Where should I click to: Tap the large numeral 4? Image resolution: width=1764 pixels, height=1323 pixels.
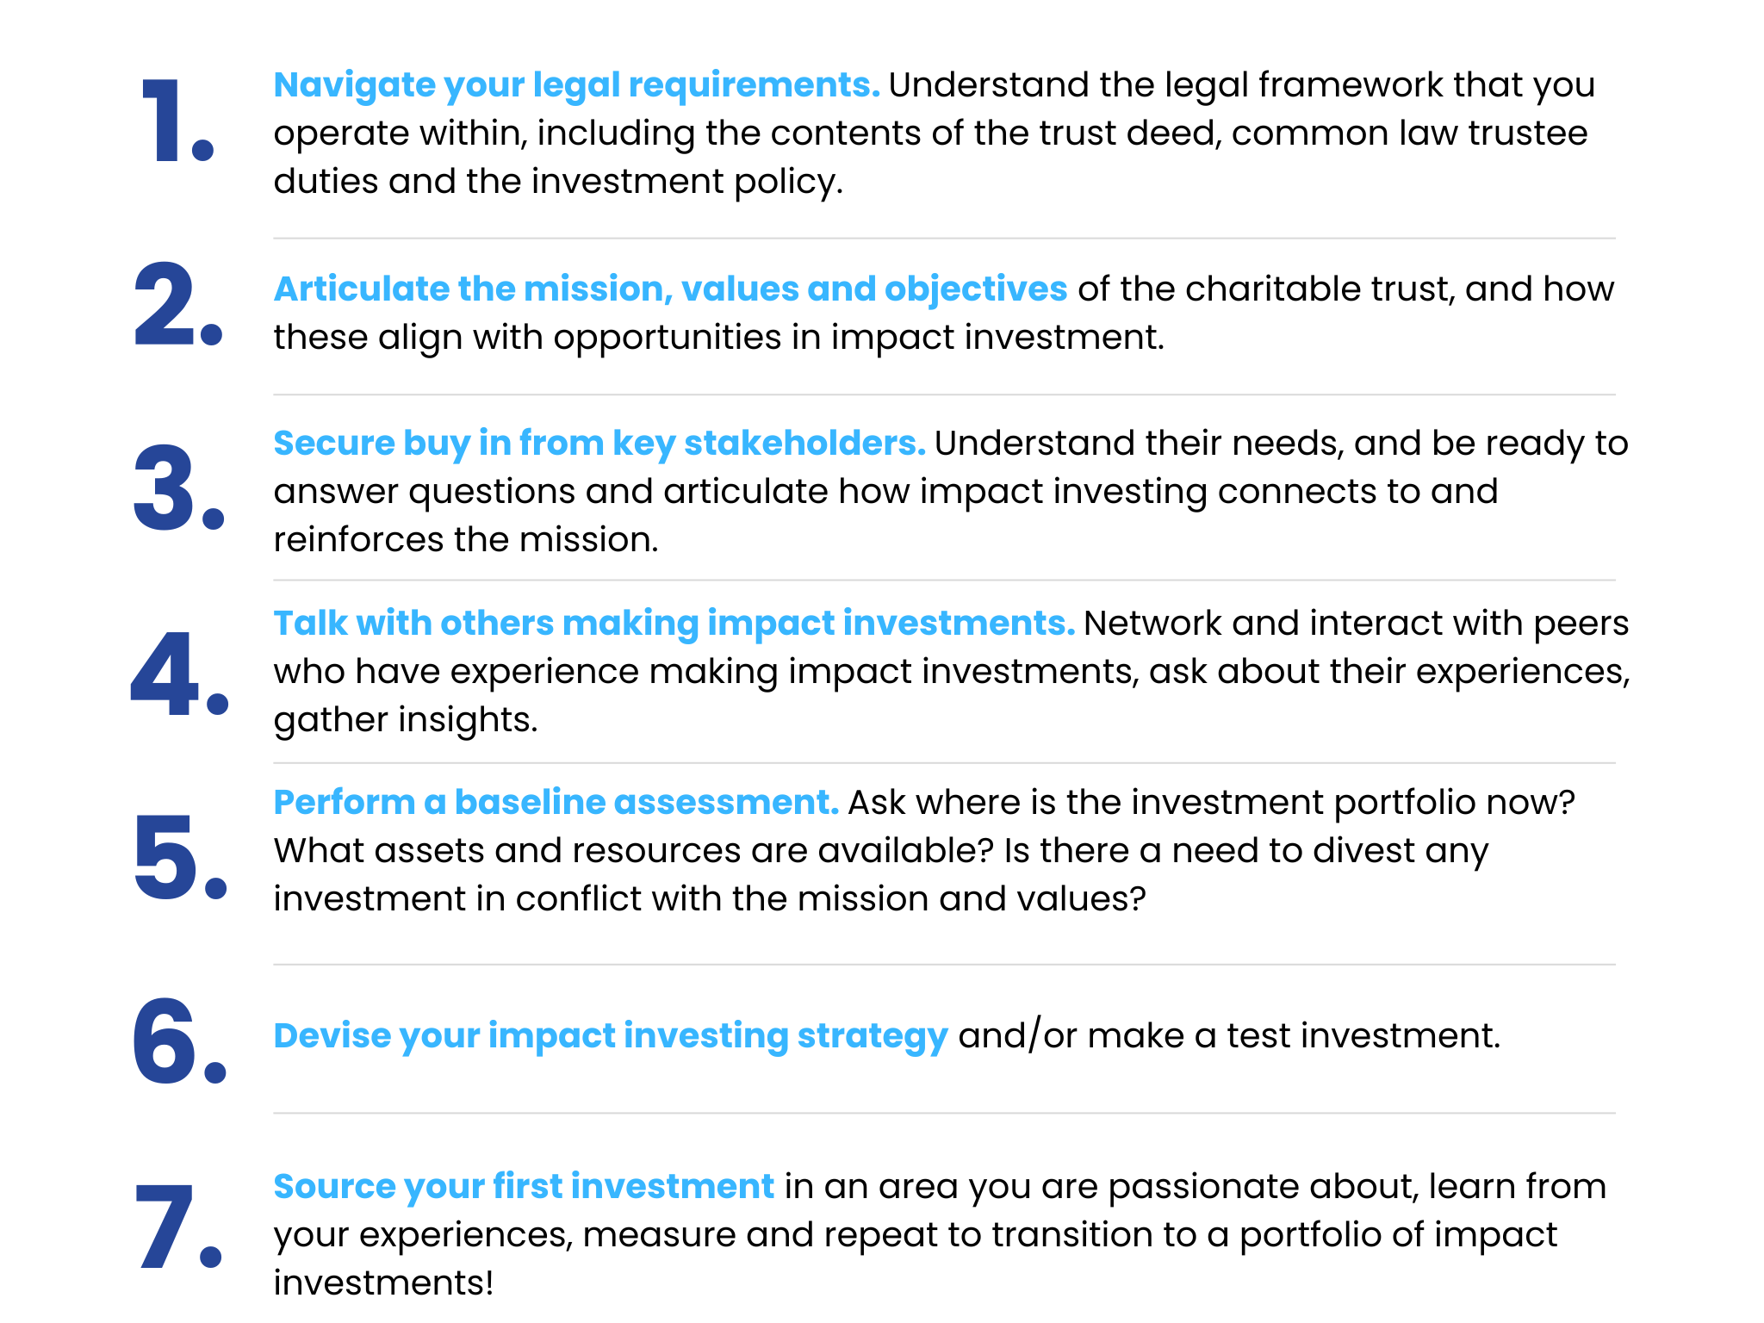[x=165, y=674]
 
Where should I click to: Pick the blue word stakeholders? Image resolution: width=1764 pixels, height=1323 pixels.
[x=804, y=443]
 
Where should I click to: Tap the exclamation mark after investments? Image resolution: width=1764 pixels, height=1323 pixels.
[x=489, y=1283]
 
